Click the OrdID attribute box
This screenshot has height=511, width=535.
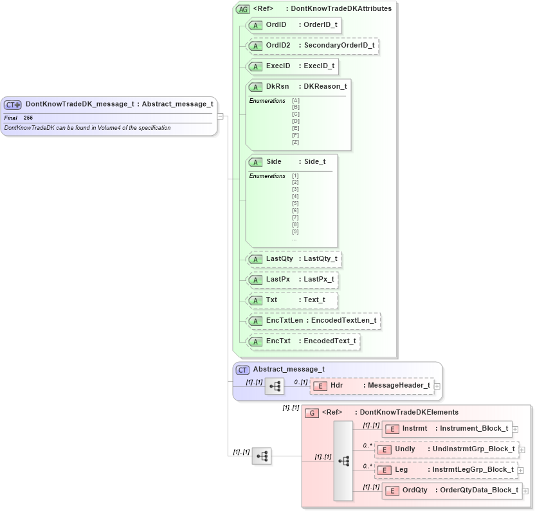click(x=293, y=25)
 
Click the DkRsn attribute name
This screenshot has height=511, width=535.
click(x=277, y=86)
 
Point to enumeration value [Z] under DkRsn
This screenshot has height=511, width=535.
click(x=296, y=142)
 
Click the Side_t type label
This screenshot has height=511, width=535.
click(x=314, y=162)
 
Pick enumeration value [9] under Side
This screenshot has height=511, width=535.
click(x=295, y=231)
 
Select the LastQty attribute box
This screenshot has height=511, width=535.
click(x=294, y=259)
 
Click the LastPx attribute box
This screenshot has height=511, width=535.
click(x=292, y=280)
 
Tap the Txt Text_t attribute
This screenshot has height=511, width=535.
click(x=292, y=300)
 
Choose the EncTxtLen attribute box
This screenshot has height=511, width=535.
click(x=314, y=320)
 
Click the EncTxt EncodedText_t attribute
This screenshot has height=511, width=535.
click(x=304, y=341)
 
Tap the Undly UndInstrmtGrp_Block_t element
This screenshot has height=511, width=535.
click(x=446, y=449)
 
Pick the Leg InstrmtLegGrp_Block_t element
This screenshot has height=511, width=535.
click(x=446, y=470)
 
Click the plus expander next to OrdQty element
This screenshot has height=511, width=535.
click(x=525, y=490)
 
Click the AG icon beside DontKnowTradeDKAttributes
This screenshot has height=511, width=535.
click(x=242, y=9)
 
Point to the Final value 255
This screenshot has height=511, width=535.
click(x=28, y=118)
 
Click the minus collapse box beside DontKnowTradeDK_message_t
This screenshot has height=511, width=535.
click(x=220, y=116)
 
